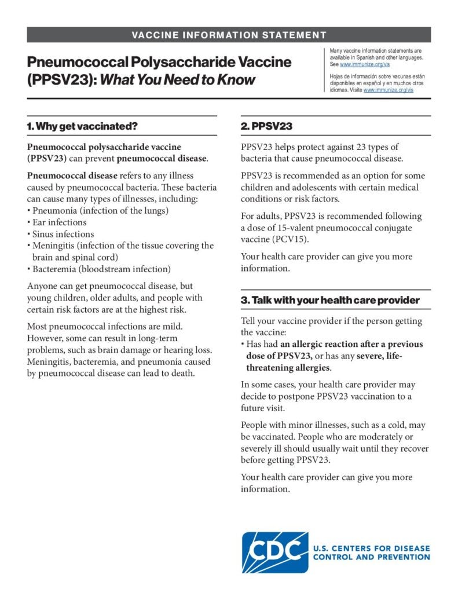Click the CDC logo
point(275,552)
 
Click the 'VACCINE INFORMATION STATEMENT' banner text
point(229,35)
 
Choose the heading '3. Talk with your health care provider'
point(330,300)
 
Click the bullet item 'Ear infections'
point(59,222)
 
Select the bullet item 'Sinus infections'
point(63,234)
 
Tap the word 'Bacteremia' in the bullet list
point(55,269)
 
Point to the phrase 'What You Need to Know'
point(178,79)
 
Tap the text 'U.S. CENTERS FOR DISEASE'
point(371,548)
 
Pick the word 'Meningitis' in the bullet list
point(54,246)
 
